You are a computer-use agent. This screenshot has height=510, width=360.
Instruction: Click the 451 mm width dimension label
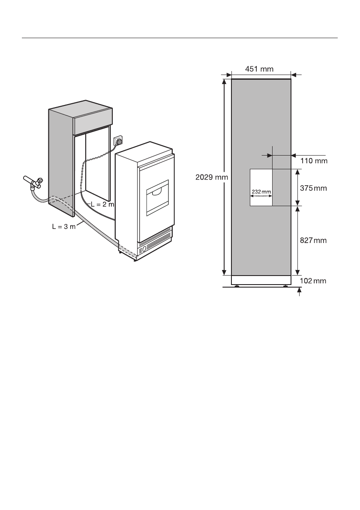click(259, 69)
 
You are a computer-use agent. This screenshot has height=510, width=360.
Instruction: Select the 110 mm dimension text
click(313, 161)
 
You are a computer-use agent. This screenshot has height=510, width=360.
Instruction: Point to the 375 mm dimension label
click(313, 188)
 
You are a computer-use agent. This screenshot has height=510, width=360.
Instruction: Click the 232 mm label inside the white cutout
click(261, 191)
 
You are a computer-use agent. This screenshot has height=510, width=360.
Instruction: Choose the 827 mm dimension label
click(313, 241)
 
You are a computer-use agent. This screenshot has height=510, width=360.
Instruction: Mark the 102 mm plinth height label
click(313, 282)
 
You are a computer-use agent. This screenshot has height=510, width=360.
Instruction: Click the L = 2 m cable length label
click(103, 204)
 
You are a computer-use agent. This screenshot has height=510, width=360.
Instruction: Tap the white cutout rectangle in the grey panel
click(261, 187)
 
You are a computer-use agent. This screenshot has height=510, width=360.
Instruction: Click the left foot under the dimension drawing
click(237, 286)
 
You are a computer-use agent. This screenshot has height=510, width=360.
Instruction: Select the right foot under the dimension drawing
click(285, 286)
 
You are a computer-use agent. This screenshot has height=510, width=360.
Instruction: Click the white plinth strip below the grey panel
click(261, 280)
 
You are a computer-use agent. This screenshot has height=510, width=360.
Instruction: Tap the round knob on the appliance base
click(144, 249)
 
